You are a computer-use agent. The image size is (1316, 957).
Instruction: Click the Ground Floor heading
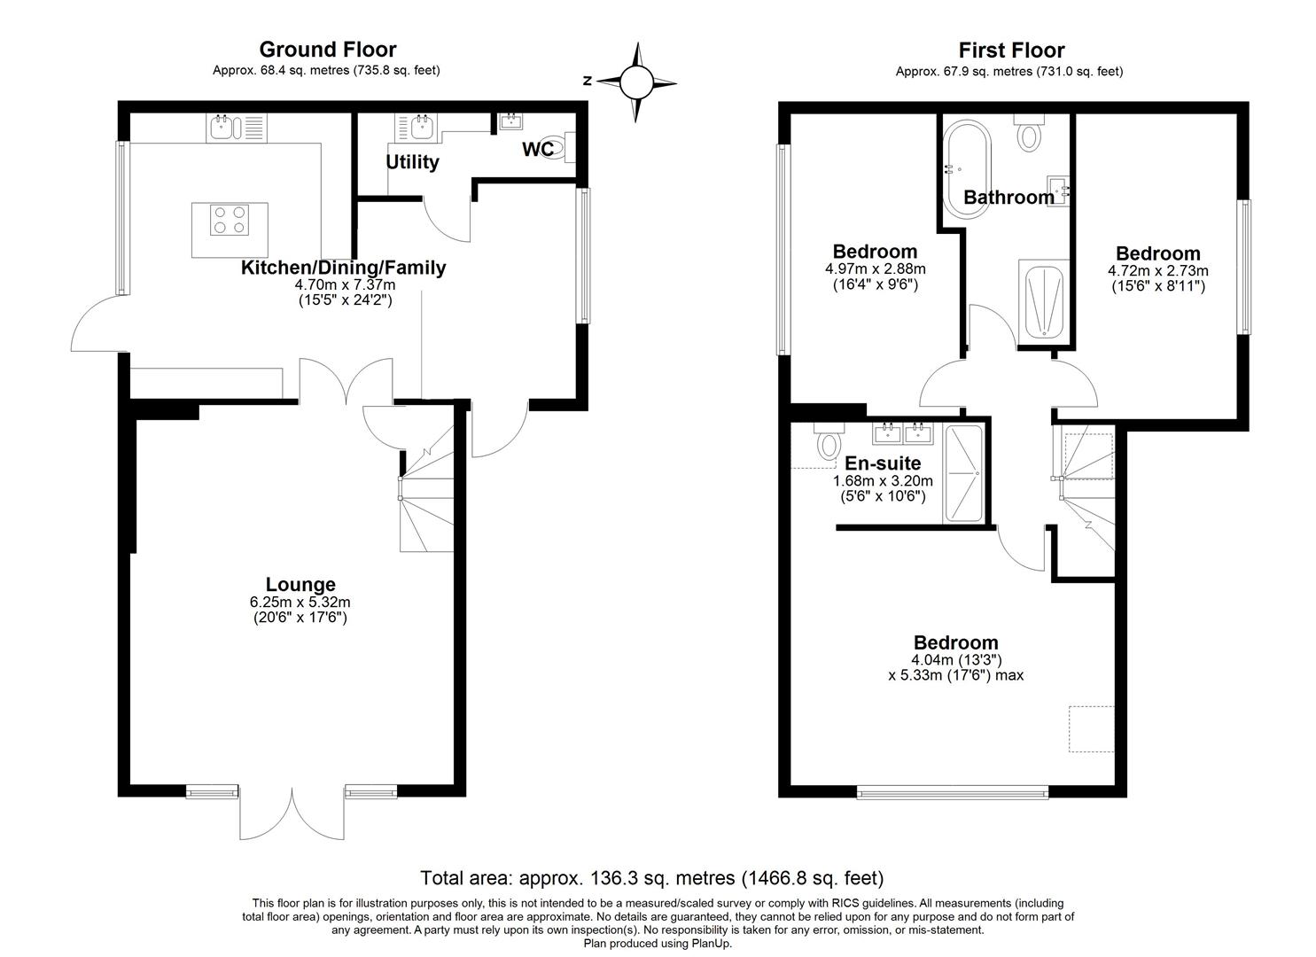(328, 49)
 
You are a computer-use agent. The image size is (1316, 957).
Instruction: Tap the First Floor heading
(1011, 50)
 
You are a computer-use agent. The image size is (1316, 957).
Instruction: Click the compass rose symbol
(636, 82)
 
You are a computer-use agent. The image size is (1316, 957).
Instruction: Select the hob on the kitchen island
(230, 220)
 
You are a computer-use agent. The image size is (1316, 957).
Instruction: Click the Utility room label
(412, 161)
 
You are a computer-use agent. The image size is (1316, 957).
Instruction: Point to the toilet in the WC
(562, 147)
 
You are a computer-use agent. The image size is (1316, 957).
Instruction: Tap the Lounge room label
(300, 584)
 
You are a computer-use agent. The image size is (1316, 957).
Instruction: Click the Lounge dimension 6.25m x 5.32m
(300, 603)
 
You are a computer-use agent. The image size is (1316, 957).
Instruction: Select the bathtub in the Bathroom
(967, 170)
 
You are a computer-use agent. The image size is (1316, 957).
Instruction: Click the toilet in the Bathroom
(1029, 132)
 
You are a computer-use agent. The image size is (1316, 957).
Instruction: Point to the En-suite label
(883, 463)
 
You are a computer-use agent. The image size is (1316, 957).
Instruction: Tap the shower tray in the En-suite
(963, 473)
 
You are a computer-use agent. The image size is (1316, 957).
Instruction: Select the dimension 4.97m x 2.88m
(876, 269)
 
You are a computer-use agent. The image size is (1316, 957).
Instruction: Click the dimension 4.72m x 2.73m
(1158, 271)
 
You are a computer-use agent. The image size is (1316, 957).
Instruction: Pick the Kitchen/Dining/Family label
(343, 268)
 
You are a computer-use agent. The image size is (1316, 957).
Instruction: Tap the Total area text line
(652, 877)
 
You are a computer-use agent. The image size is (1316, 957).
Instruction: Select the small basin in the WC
(510, 121)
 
